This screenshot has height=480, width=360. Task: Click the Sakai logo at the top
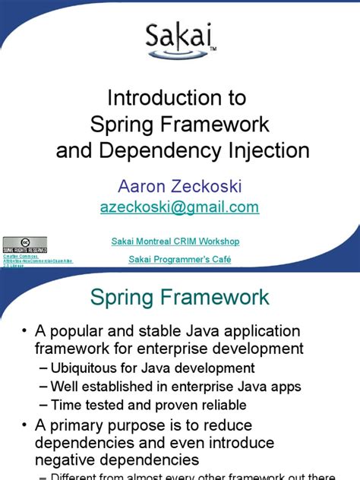pos(180,40)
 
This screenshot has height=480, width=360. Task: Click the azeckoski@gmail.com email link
pos(179,207)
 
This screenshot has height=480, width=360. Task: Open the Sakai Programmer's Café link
pos(180,260)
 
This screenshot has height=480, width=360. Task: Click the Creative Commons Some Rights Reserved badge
pos(24,245)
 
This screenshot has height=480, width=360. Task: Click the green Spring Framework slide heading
pos(179,297)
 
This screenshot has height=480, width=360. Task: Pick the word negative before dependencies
pos(71,459)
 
